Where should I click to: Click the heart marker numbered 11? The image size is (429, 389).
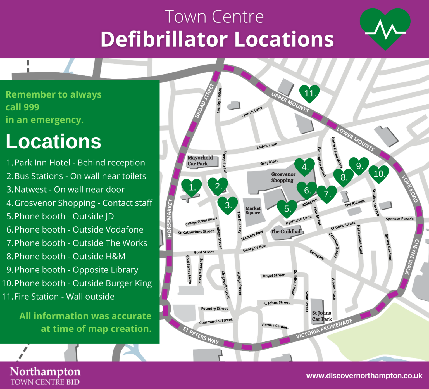pos(309,93)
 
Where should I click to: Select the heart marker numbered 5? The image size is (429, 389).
pos(287,208)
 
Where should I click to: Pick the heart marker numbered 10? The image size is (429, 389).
pos(379,174)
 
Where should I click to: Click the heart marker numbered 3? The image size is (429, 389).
pos(228,205)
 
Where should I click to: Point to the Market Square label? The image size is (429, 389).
pos(253,210)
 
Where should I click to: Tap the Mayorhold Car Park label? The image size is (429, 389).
pos(200,161)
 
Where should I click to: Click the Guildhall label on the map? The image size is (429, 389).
pos(286,231)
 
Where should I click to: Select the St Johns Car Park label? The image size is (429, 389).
pos(321,316)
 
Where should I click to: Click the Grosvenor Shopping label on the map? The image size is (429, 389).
pos(283,177)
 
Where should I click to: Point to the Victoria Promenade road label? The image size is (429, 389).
pos(324,329)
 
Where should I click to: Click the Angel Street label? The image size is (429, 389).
pos(274,276)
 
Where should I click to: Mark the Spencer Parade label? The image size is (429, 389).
pos(400,219)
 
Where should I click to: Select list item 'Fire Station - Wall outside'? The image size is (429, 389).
pos(64,297)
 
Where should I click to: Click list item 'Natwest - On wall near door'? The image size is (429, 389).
pos(69,189)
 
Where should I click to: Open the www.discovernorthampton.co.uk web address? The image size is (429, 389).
pos(364,376)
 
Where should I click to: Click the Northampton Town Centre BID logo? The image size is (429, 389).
pos(45,376)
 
